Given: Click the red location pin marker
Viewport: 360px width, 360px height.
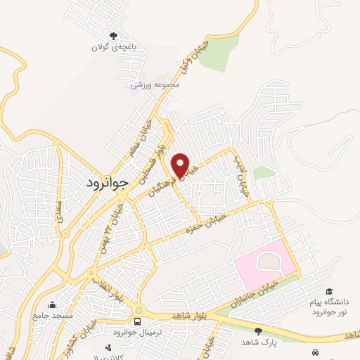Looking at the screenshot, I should tap(181, 165).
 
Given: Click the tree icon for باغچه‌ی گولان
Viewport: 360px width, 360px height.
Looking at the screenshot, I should tap(113, 37).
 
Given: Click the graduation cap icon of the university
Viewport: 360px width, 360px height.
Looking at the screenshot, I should tap(328, 291).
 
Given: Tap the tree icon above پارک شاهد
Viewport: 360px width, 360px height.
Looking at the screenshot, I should tap(258, 330).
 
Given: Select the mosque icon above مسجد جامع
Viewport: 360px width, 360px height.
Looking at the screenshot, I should tap(51, 305).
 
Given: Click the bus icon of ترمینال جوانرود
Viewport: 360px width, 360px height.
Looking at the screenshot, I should tap(136, 321).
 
